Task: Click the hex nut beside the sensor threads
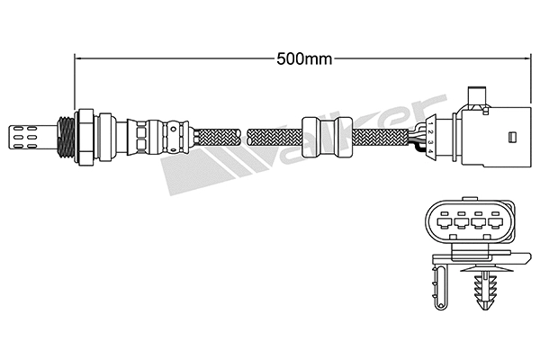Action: tap(85, 138)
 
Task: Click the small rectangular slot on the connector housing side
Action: tap(511, 138)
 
